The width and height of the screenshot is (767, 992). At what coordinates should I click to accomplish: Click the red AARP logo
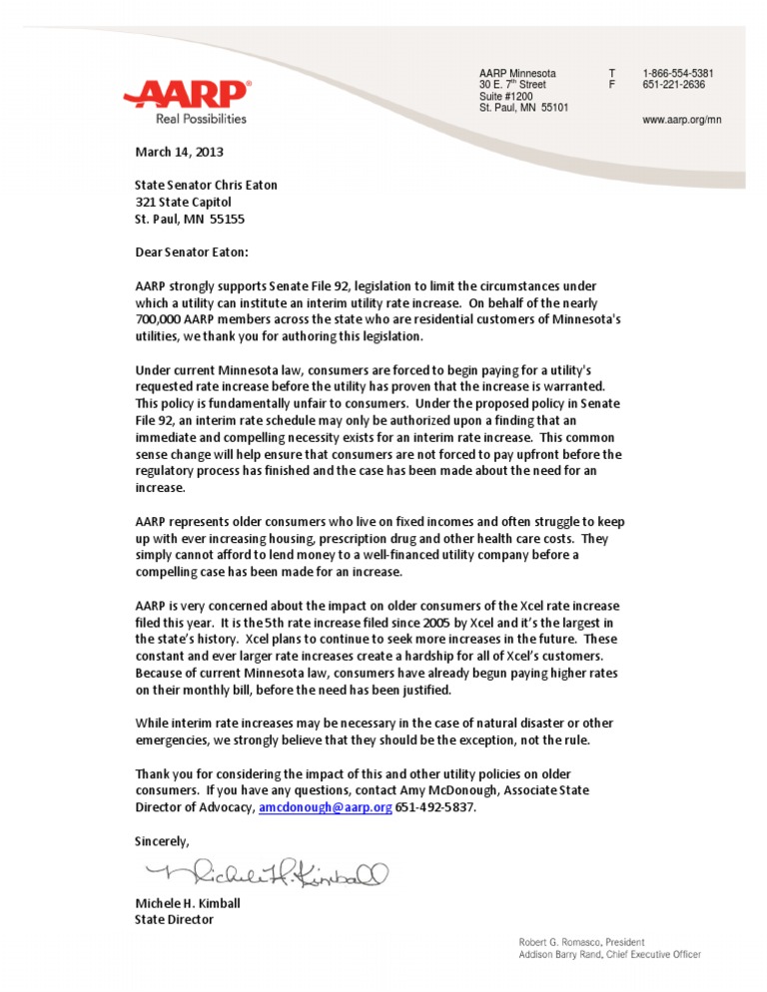click(x=186, y=95)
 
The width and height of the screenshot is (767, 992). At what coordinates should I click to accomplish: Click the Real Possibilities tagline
click(x=200, y=119)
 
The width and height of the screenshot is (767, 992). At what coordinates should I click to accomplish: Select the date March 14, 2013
click(x=179, y=153)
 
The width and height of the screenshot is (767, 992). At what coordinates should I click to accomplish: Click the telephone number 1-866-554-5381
click(x=678, y=74)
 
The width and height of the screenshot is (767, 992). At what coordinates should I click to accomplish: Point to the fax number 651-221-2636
click(x=673, y=86)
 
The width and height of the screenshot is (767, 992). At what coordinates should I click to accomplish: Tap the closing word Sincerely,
click(x=162, y=841)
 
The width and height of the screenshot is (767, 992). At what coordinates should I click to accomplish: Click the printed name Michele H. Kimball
click(x=187, y=903)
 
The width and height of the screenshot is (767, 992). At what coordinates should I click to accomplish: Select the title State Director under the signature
click(x=174, y=920)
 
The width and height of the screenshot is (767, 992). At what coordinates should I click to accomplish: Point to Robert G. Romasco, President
click(x=580, y=942)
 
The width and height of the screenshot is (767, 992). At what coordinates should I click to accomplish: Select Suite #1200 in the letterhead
click(x=505, y=97)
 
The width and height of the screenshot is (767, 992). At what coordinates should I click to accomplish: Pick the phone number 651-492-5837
click(x=437, y=808)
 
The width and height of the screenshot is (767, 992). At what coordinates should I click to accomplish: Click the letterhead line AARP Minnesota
click(x=517, y=74)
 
